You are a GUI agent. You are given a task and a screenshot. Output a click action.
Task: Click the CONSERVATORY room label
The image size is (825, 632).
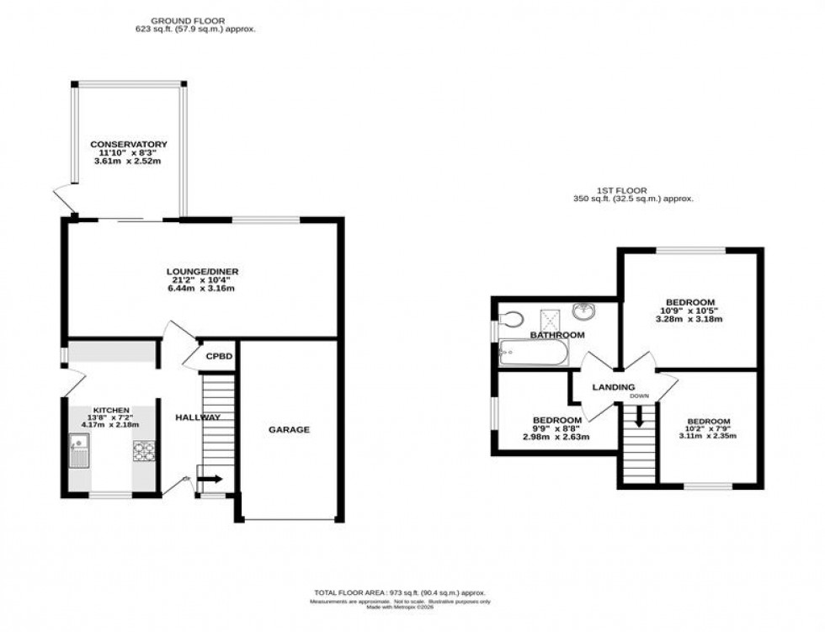click(129, 144)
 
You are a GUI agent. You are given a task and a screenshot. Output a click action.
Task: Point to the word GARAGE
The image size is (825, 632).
click(289, 429)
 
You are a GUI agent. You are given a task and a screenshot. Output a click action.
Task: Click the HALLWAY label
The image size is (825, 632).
click(198, 417)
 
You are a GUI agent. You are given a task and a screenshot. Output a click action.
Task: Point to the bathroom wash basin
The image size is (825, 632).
click(583, 312)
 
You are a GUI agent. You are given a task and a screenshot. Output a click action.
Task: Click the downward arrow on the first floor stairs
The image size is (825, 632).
click(638, 417)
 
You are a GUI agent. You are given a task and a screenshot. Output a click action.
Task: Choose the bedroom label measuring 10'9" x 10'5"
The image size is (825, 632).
click(690, 302)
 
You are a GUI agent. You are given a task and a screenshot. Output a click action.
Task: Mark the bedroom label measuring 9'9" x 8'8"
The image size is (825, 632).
click(556, 420)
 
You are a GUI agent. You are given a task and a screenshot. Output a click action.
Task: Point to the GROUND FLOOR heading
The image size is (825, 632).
click(187, 19)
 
